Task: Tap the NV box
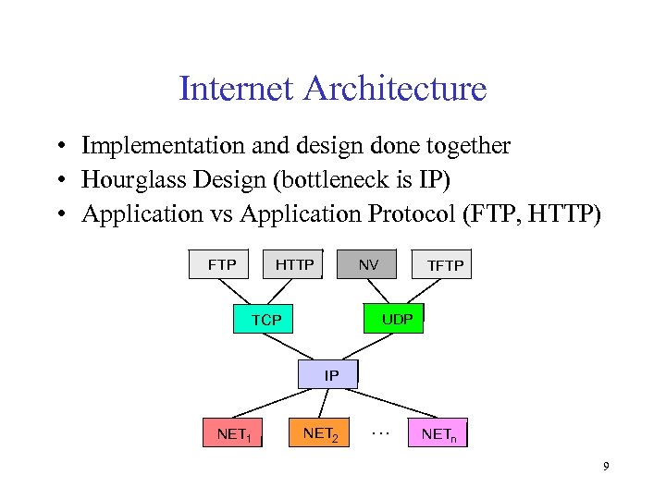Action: click(x=367, y=263)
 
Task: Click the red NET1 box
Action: click(x=232, y=432)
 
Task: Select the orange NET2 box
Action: click(x=320, y=432)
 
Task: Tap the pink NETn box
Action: click(x=438, y=432)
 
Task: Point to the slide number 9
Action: click(x=606, y=467)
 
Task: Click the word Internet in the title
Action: click(x=236, y=90)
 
